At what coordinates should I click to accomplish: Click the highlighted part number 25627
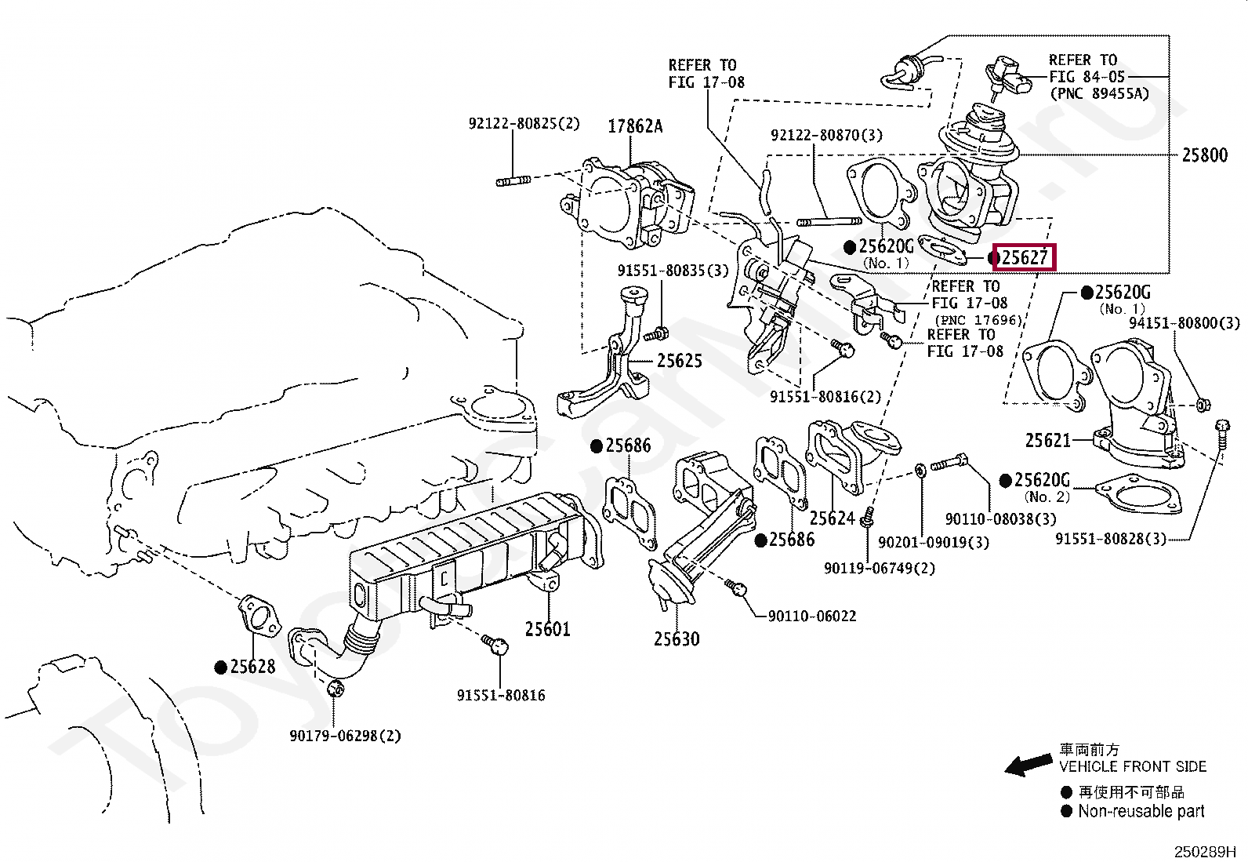1024,257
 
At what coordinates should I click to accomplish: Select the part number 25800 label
1204,155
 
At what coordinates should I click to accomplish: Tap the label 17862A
635,125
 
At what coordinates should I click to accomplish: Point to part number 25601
548,629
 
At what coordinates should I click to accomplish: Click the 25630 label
677,639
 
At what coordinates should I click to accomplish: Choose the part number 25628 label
252,667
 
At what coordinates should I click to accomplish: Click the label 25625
679,361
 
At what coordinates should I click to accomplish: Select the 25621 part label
1047,441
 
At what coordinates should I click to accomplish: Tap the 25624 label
832,518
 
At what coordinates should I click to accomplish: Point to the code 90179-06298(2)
344,736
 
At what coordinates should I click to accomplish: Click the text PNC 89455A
1098,93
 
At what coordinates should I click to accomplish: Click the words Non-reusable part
1141,812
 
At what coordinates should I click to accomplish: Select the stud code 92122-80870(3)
825,135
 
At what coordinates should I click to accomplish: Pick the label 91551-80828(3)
1110,539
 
